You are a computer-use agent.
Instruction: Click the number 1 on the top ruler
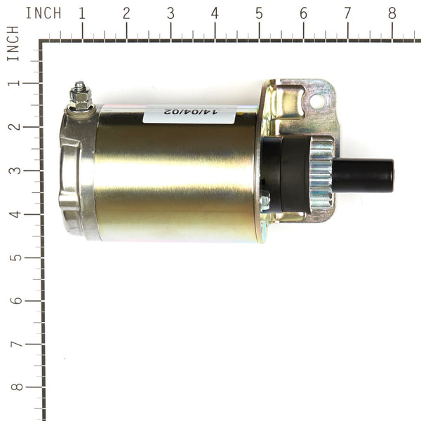pos(82,13)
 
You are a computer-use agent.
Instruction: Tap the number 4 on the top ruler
pos(215,13)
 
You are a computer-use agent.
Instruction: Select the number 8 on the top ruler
pos(392,13)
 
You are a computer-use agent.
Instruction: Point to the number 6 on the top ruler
pos(303,13)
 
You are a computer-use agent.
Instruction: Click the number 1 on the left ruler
pos(13,83)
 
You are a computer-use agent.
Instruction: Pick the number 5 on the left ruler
pos(13,258)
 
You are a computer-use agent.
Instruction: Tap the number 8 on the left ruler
pos(13,388)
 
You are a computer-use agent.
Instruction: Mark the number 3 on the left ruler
pos(13,171)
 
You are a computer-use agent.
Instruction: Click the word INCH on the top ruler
pos(43,13)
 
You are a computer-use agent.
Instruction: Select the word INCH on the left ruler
pos(13,44)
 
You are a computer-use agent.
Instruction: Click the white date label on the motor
pos(180,114)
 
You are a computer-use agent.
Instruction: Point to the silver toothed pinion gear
pos(321,175)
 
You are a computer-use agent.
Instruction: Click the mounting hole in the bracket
pos(316,101)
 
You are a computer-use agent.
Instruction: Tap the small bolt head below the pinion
pos(265,203)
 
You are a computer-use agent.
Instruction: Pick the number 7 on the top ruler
pos(347,13)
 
